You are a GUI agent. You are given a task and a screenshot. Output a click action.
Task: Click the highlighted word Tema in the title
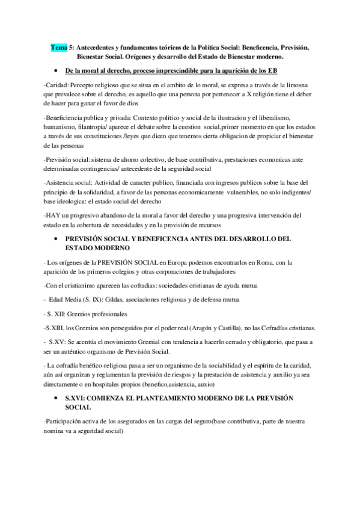[x=59, y=47]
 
